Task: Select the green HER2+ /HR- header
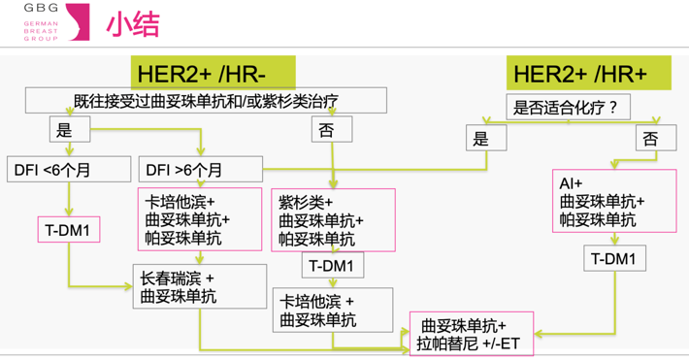pyautogui.click(x=213, y=72)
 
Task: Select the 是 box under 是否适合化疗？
pyautogui.click(x=481, y=138)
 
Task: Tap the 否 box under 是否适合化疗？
pyautogui.click(x=650, y=138)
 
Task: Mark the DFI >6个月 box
pyautogui.click(x=200, y=171)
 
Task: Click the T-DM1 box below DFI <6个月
pyautogui.click(x=68, y=229)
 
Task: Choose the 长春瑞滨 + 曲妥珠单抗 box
pyautogui.click(x=199, y=286)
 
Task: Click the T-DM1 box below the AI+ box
pyautogui.click(x=613, y=258)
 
